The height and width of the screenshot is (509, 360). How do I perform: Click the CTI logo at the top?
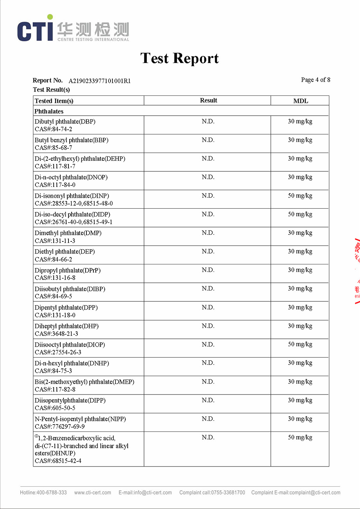coord(73,29)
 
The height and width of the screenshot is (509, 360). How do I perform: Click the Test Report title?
coord(179,58)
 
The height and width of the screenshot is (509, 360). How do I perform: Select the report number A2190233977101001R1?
coord(100,81)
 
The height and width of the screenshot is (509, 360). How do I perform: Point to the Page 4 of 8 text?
coord(315,80)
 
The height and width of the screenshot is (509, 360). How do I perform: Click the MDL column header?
coord(300,101)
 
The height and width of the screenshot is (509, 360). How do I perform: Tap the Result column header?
coord(208,100)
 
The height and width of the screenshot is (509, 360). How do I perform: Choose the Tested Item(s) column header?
coord(54,101)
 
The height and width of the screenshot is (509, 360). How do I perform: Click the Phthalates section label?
coord(49,111)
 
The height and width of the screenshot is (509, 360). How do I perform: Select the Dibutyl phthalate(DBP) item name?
coord(65,122)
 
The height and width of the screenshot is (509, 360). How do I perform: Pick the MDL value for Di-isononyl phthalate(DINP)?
coord(300,195)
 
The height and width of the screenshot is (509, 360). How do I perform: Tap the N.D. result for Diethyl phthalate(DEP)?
coord(208,252)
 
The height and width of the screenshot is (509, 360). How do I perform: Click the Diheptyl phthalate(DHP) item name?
coord(67,326)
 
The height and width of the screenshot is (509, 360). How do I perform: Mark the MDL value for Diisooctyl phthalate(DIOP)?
coord(300,344)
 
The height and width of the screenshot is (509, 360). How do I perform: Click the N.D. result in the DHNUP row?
coord(208,437)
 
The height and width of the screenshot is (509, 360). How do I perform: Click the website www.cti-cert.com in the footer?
coord(93,493)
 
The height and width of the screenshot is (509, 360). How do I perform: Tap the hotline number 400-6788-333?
coord(51,493)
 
